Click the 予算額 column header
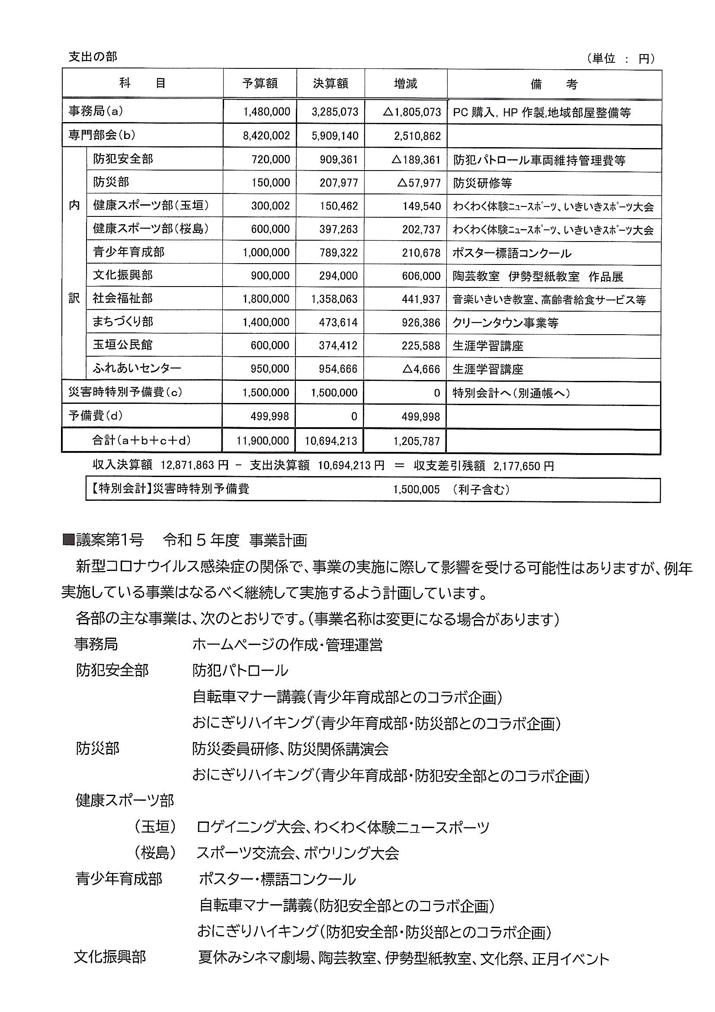click(x=260, y=83)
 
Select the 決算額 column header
click(x=330, y=83)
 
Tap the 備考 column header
click(x=554, y=84)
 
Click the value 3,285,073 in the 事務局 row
click(x=335, y=112)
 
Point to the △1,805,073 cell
click(x=412, y=112)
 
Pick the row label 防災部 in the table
click(x=111, y=182)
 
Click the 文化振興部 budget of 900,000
click(x=270, y=276)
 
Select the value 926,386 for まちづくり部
click(x=421, y=322)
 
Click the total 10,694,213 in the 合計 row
click(x=330, y=441)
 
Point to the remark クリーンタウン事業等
click(x=505, y=322)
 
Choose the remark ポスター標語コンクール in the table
click(x=512, y=253)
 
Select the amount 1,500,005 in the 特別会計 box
click(x=416, y=490)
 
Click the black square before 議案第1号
click(x=69, y=540)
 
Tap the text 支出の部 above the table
click(x=93, y=57)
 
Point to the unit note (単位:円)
click(x=621, y=58)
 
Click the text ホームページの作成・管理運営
click(x=287, y=645)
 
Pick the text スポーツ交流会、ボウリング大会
click(x=298, y=853)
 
